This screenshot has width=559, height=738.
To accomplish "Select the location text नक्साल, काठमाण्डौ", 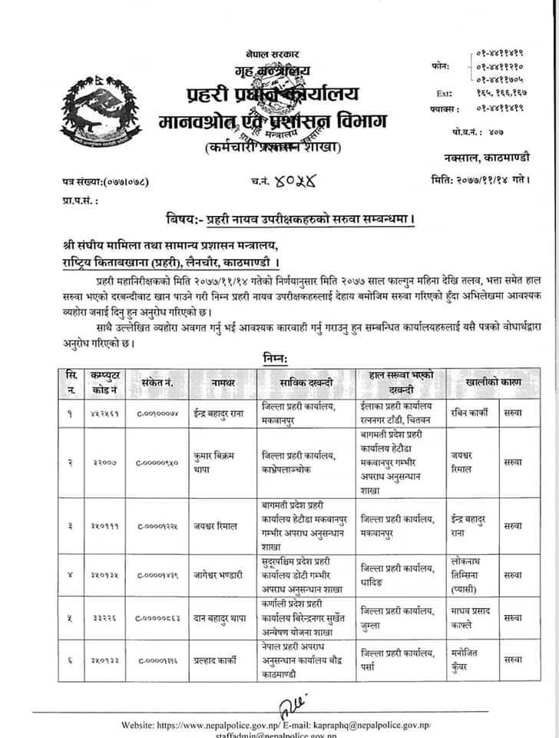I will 482,158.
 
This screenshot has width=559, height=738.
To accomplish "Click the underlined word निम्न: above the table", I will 274,357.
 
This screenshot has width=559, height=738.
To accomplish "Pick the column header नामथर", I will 226,381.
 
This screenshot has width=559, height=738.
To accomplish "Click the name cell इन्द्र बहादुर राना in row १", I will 226,413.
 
